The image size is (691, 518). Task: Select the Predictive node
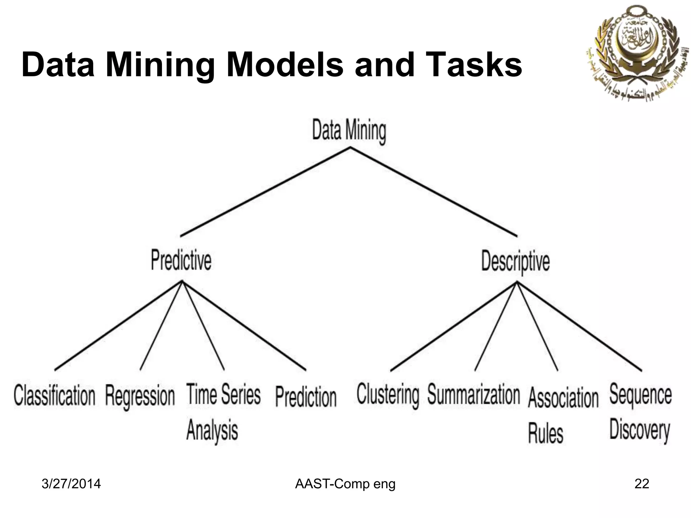click(x=181, y=260)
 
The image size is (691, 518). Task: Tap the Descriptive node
click(x=515, y=262)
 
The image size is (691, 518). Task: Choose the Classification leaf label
click(x=55, y=396)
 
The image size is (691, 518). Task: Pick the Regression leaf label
click(x=140, y=396)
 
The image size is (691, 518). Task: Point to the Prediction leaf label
click(x=306, y=397)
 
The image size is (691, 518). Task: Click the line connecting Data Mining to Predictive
click(x=265, y=191)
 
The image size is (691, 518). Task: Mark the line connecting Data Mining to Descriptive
click(x=434, y=191)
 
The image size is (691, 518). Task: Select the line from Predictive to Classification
click(x=118, y=326)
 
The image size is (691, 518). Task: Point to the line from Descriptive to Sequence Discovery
click(x=579, y=326)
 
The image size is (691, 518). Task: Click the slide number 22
click(x=641, y=484)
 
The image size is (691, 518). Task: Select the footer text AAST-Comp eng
click(x=345, y=484)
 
